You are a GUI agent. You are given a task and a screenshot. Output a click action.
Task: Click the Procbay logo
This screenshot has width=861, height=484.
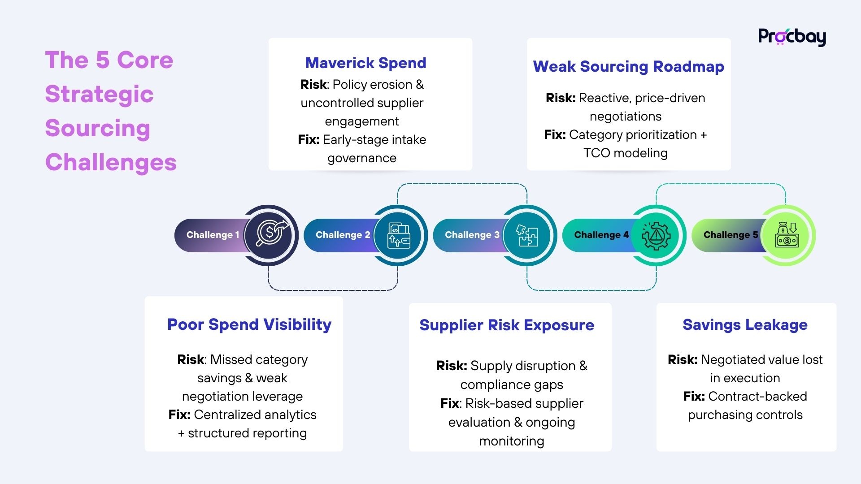click(791, 37)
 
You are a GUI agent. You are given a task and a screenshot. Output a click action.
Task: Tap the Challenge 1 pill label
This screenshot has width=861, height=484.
click(213, 235)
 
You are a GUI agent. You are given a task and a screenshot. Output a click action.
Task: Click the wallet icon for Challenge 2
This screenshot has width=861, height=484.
click(399, 235)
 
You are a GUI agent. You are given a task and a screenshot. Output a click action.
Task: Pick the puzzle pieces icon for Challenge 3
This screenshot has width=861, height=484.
click(527, 235)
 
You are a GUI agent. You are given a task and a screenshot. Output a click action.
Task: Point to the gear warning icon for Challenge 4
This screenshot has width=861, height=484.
click(656, 235)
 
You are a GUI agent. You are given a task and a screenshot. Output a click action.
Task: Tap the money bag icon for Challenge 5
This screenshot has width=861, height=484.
click(787, 235)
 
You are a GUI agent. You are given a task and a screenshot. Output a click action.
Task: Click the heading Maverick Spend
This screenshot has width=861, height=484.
click(365, 63)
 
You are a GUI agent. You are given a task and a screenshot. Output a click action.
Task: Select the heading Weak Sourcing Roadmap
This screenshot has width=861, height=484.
click(628, 66)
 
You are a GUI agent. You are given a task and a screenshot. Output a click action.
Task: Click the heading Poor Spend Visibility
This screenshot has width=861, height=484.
click(249, 324)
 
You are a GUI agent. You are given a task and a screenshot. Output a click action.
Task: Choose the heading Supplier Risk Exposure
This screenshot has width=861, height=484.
click(507, 325)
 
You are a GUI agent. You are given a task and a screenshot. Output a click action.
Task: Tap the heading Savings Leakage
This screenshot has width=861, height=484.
click(745, 324)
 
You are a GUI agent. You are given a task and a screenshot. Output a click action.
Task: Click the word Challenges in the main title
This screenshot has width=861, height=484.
click(111, 162)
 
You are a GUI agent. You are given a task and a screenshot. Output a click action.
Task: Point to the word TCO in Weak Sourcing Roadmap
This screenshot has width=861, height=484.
click(596, 153)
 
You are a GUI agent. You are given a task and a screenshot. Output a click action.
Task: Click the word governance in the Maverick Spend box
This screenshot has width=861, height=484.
click(362, 158)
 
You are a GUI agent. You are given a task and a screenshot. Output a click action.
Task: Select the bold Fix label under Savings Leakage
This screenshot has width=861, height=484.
click(694, 396)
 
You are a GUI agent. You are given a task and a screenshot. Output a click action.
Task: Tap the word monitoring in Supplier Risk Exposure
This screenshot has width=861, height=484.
click(512, 441)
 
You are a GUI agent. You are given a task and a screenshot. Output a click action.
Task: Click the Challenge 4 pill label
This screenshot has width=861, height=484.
click(601, 235)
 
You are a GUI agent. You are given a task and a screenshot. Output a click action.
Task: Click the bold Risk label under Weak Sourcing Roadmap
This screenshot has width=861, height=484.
click(560, 98)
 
